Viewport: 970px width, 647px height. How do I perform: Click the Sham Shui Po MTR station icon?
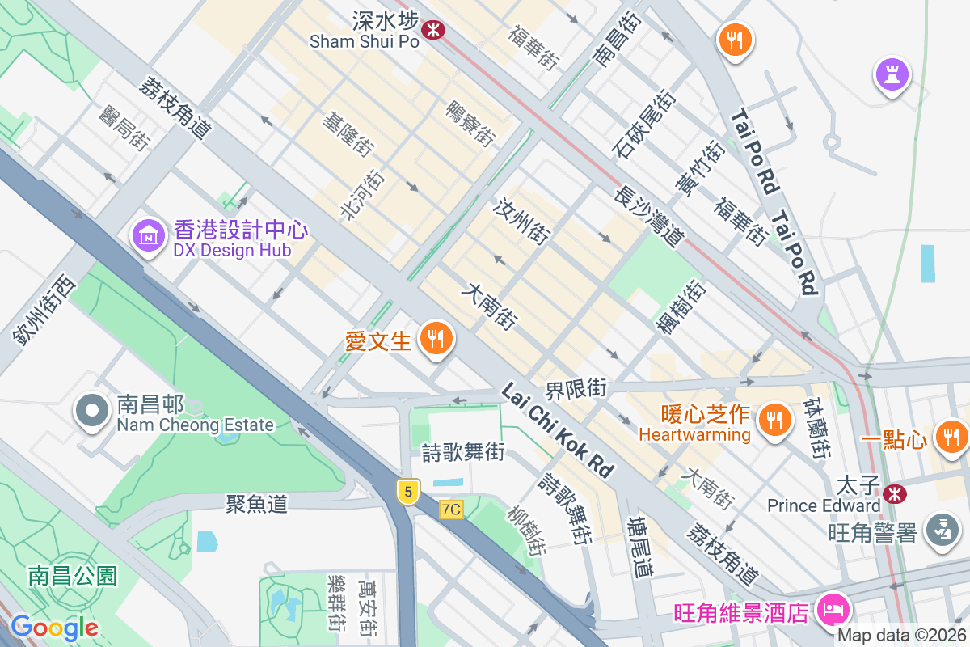[x=434, y=31]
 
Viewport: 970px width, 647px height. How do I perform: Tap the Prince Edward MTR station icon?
[x=894, y=493]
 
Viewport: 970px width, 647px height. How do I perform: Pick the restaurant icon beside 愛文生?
[x=436, y=339]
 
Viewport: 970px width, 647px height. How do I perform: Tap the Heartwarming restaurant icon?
[x=774, y=419]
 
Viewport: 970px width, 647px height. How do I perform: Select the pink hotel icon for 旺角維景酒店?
[x=830, y=608]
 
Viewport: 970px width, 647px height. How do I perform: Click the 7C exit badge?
[x=451, y=509]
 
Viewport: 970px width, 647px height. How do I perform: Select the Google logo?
[x=54, y=627]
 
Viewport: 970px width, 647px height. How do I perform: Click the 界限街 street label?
[x=576, y=389]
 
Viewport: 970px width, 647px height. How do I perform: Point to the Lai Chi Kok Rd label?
[x=558, y=429]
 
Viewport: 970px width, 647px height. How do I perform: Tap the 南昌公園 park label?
[x=72, y=576]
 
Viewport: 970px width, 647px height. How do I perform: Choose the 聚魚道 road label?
[x=256, y=504]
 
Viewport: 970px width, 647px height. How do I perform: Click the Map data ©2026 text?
[x=900, y=636]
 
